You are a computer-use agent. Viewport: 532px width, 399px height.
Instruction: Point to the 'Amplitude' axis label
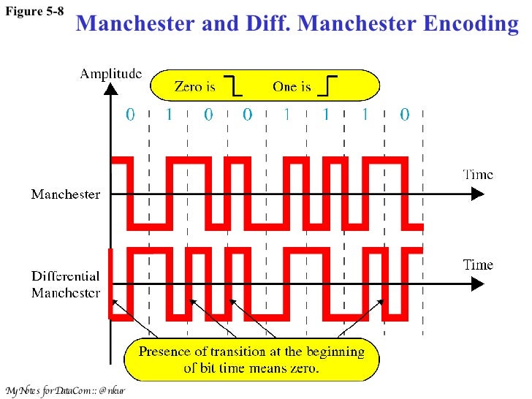click(111, 73)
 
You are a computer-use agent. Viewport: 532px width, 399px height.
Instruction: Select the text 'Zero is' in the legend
click(194, 87)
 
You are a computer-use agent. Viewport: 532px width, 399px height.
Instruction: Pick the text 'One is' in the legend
click(292, 87)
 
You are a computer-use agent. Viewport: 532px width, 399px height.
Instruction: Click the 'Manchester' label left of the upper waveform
click(65, 194)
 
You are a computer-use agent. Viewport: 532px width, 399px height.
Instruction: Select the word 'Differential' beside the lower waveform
click(66, 277)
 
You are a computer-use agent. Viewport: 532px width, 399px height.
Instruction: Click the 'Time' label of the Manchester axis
click(479, 175)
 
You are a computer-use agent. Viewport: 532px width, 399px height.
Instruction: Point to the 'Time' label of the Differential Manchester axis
click(478, 265)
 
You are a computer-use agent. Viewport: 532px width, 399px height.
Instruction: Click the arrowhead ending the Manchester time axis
click(478, 194)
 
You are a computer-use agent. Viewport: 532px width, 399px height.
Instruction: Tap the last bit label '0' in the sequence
click(405, 115)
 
